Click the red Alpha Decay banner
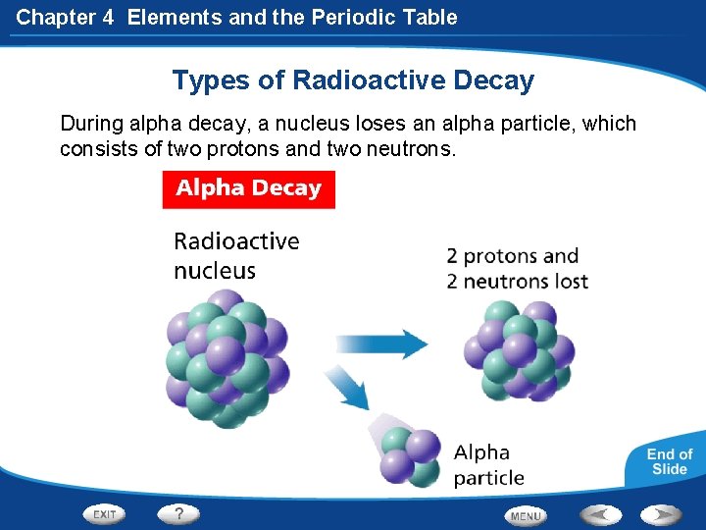(x=248, y=188)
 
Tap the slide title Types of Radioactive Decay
(x=353, y=80)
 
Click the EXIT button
(x=105, y=513)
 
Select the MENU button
(x=526, y=515)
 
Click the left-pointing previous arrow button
(x=599, y=513)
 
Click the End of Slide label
(x=669, y=461)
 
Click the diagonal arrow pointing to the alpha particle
(x=347, y=387)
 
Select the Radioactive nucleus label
(x=236, y=255)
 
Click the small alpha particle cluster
(x=409, y=456)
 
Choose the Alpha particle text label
(x=488, y=465)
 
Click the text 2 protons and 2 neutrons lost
(x=517, y=269)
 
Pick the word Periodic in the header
(x=328, y=17)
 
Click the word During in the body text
(x=91, y=124)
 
